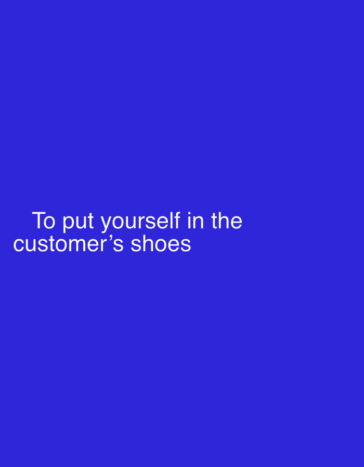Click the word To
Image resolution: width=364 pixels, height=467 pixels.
[x=44, y=221]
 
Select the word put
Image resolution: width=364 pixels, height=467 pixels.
[x=78, y=222]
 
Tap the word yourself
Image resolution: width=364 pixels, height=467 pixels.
[x=140, y=222]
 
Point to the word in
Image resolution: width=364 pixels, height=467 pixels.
[x=196, y=221]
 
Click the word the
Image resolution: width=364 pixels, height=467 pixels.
[x=226, y=221]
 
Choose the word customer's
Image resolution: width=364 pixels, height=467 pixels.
[x=68, y=244]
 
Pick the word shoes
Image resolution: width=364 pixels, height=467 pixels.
[x=161, y=243]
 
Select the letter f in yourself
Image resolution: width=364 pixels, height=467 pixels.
[x=177, y=220]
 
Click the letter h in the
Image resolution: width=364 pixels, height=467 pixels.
[x=223, y=220]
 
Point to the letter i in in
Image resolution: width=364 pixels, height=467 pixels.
[x=189, y=221]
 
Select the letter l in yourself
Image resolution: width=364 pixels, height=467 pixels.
[x=172, y=220]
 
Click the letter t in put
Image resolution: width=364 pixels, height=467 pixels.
[x=90, y=221]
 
